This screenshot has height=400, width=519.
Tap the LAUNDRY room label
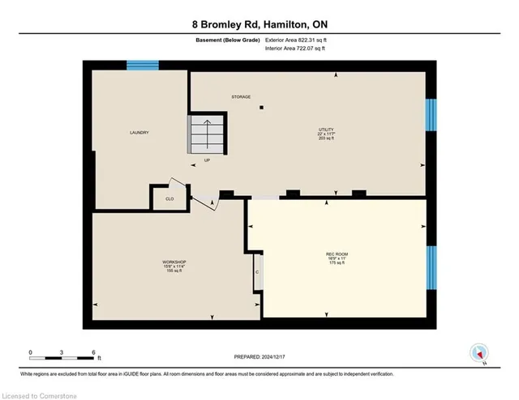(139, 133)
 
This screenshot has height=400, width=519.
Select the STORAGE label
(240, 96)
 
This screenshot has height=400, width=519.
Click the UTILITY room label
(326, 130)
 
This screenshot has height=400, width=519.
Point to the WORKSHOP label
(174, 262)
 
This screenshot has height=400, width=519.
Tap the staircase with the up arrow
(205, 133)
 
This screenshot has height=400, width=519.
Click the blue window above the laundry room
(142, 66)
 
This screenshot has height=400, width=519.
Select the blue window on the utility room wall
(431, 114)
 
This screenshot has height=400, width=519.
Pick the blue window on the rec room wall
(431, 268)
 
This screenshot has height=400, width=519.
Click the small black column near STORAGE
(261, 107)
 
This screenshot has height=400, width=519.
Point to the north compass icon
(479, 352)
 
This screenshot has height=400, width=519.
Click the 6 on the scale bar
(94, 353)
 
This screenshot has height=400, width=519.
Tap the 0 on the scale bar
(30, 353)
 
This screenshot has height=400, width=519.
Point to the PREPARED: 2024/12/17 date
(259, 356)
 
